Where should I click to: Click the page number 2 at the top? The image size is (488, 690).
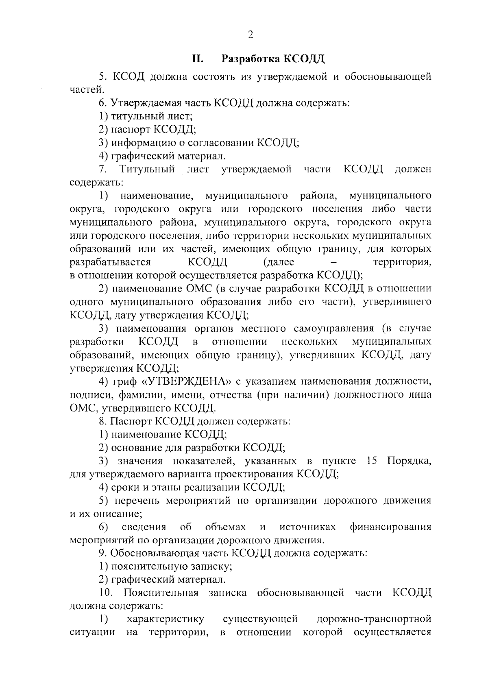pos(250,35)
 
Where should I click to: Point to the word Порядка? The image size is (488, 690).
pos(409,461)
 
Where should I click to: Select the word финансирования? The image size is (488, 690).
pos(390,527)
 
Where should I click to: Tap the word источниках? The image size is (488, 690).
pos(307,527)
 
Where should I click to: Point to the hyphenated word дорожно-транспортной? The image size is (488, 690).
pos(373,619)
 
